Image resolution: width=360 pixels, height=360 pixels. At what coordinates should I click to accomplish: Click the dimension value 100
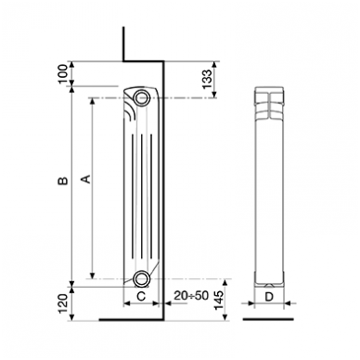click(63, 74)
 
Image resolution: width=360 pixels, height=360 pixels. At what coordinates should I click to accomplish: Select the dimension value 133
click(207, 79)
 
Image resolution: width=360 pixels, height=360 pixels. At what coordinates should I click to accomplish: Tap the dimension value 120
click(63, 303)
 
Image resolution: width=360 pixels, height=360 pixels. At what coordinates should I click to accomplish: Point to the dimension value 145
click(218, 300)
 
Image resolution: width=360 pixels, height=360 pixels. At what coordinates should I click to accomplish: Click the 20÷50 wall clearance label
click(191, 296)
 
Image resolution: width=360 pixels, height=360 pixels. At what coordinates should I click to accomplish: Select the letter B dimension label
click(63, 181)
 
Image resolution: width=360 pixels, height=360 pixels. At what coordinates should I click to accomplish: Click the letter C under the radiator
click(141, 297)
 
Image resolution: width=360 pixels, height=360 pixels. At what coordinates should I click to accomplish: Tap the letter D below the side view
click(269, 297)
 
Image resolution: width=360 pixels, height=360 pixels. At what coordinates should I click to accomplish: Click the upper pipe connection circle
click(142, 97)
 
